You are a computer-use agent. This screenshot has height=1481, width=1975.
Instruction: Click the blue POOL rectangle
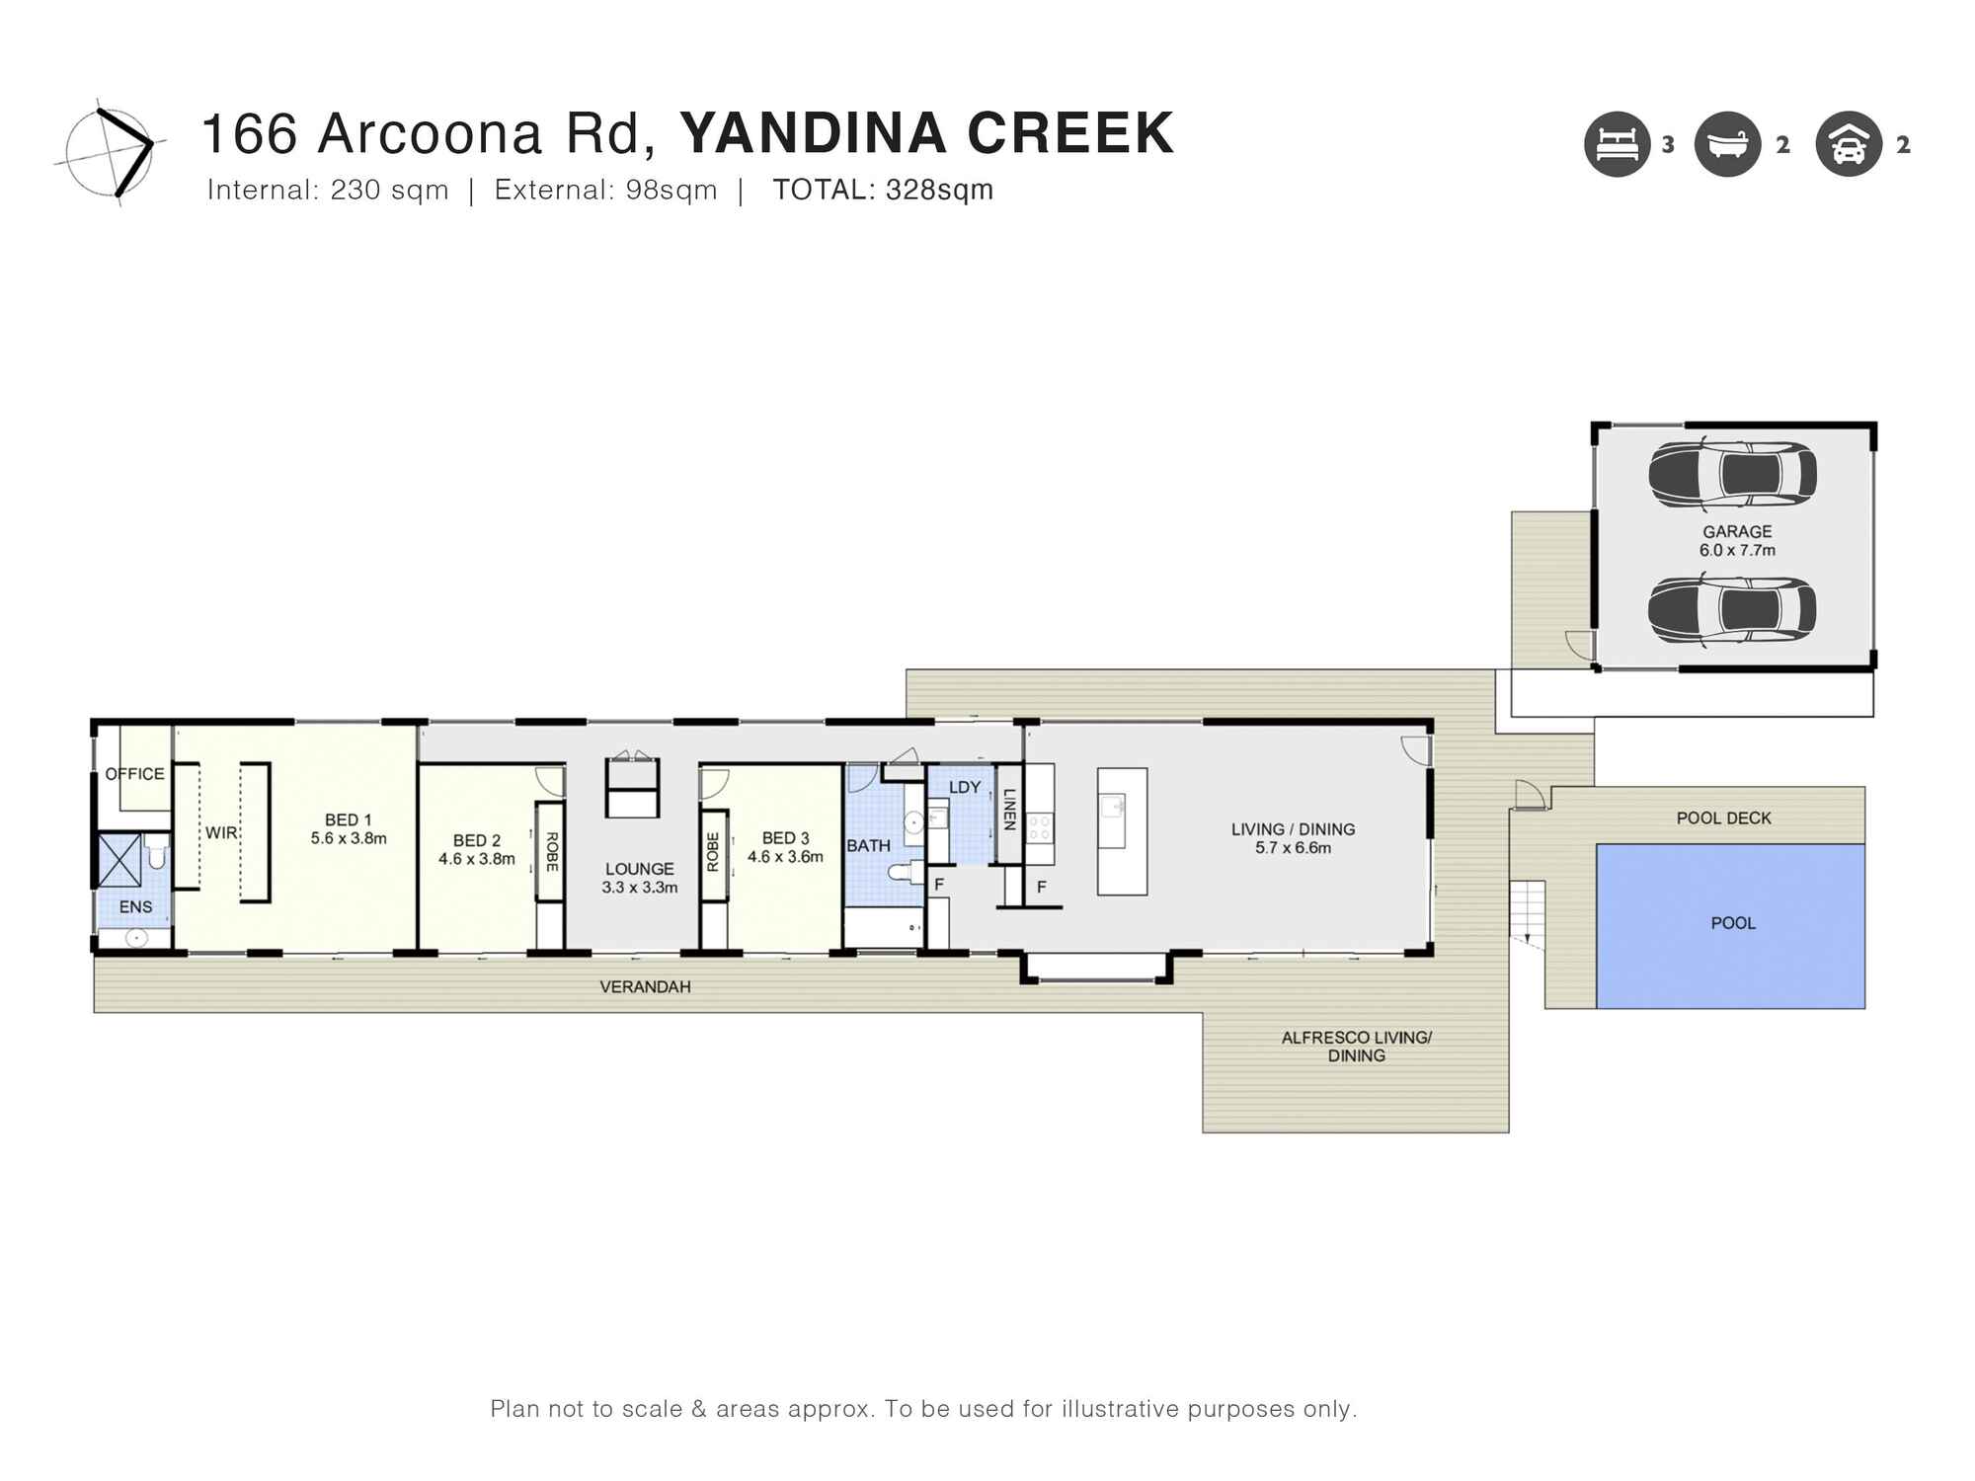point(1730,926)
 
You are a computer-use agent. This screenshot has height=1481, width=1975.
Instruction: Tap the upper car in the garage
point(1732,475)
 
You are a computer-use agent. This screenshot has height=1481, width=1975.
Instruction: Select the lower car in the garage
point(1732,610)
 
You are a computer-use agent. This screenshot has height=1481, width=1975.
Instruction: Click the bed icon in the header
point(1618,144)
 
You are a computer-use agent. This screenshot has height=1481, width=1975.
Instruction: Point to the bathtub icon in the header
point(1727,144)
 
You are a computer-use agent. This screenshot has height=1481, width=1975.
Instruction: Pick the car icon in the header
point(1848,144)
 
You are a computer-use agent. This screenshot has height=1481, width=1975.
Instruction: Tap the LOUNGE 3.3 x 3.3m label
point(640,878)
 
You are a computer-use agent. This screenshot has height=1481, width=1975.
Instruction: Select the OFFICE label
point(135,774)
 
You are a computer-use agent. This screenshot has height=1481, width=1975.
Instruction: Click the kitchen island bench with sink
point(1122,831)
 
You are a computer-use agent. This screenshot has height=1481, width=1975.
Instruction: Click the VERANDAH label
point(645,986)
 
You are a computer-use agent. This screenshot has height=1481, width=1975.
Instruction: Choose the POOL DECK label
point(1723,818)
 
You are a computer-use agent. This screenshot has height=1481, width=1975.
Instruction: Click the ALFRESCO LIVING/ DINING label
point(1356,1047)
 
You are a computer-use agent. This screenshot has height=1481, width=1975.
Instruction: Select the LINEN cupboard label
point(1009,809)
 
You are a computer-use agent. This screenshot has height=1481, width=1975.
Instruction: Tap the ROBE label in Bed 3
point(713,852)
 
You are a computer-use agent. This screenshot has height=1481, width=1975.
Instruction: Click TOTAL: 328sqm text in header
point(882,190)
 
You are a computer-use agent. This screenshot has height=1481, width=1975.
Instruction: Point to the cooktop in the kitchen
point(1040,826)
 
